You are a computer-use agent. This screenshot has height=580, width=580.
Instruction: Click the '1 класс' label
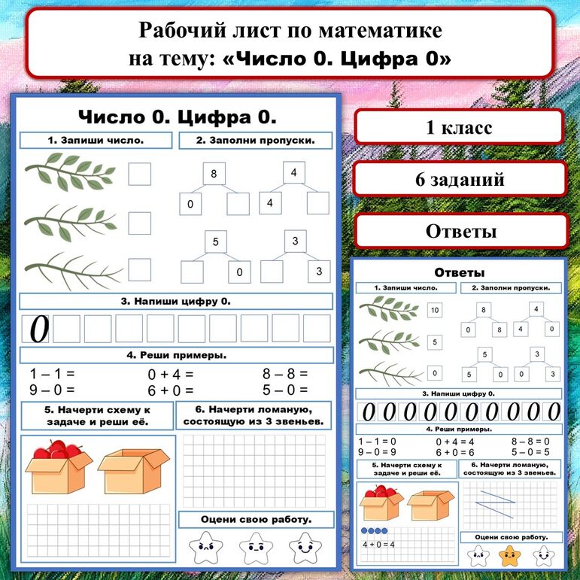(x=459, y=127)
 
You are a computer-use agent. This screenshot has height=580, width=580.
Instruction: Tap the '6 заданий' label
(x=459, y=179)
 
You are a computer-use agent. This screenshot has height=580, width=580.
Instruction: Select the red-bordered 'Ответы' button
(x=460, y=230)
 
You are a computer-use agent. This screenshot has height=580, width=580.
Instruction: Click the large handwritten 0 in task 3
(x=38, y=329)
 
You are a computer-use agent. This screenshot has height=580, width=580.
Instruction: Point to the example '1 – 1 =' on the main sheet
(x=53, y=373)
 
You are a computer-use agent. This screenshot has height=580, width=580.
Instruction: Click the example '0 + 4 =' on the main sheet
(x=171, y=373)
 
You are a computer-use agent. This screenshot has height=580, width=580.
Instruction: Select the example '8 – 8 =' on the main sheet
(x=285, y=373)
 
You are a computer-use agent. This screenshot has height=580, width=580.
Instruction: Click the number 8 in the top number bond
(x=214, y=175)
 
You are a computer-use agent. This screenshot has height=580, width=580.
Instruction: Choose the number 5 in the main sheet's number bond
(x=215, y=241)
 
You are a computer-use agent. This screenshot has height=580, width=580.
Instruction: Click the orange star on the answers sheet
(x=509, y=556)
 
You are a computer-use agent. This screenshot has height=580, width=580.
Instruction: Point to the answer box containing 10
(x=434, y=310)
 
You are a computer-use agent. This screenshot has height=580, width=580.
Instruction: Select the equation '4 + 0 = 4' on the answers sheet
(x=378, y=545)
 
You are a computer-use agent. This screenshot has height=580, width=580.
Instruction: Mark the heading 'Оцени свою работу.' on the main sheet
(x=257, y=520)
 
